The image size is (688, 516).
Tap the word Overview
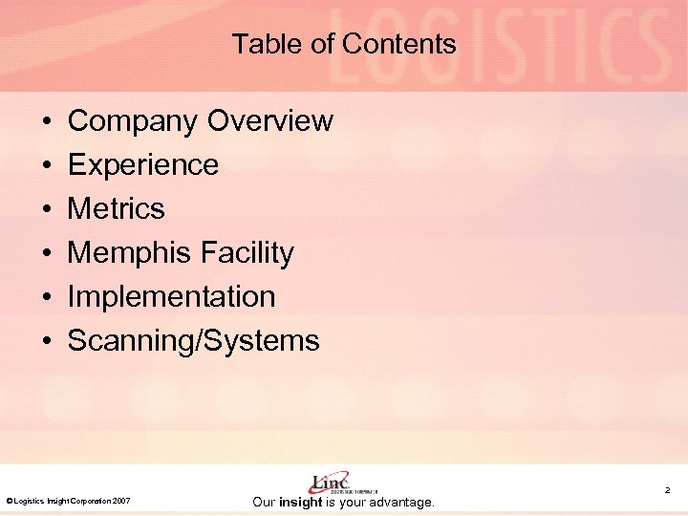(270, 121)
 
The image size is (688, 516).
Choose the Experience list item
(143, 165)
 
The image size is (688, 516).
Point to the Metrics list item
(117, 208)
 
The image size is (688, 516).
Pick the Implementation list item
(172, 296)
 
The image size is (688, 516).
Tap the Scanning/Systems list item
(194, 340)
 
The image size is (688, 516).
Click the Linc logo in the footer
(330, 483)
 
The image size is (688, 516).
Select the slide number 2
(668, 490)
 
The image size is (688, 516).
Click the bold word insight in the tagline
(299, 502)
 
